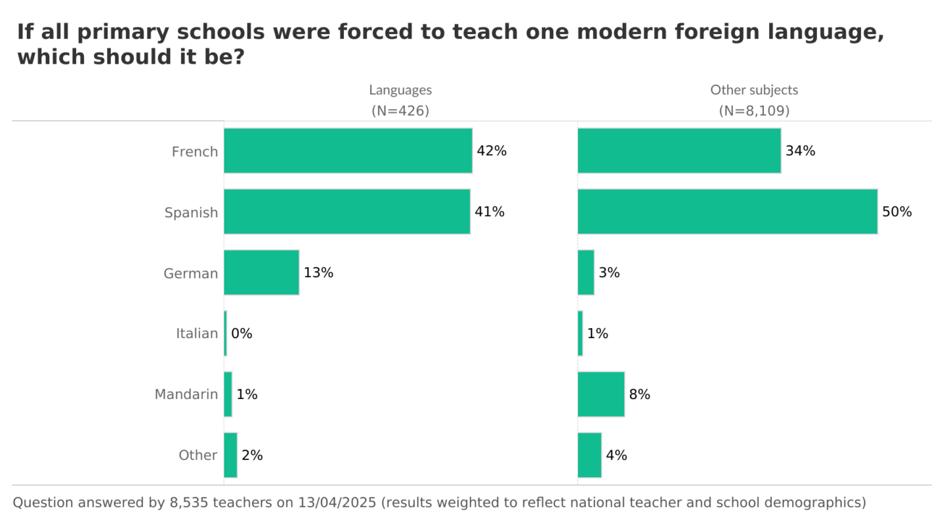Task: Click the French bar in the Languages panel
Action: (x=348, y=151)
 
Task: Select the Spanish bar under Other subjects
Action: (x=727, y=211)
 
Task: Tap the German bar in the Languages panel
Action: (x=261, y=272)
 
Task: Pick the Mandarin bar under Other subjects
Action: (x=601, y=394)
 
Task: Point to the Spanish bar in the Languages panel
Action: (x=346, y=211)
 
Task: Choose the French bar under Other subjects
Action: (x=679, y=151)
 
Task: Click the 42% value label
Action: (x=492, y=151)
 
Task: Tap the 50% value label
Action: (x=896, y=212)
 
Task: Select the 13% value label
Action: (x=318, y=273)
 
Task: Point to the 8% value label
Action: (x=639, y=394)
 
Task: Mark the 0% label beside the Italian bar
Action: (x=241, y=333)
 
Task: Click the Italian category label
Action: (x=196, y=333)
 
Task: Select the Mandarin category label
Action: (x=186, y=394)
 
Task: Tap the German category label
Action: (x=190, y=273)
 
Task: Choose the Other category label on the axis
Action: (x=198, y=455)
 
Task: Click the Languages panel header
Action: (x=400, y=90)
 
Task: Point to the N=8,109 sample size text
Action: (x=754, y=111)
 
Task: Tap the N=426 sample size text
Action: (x=400, y=111)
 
